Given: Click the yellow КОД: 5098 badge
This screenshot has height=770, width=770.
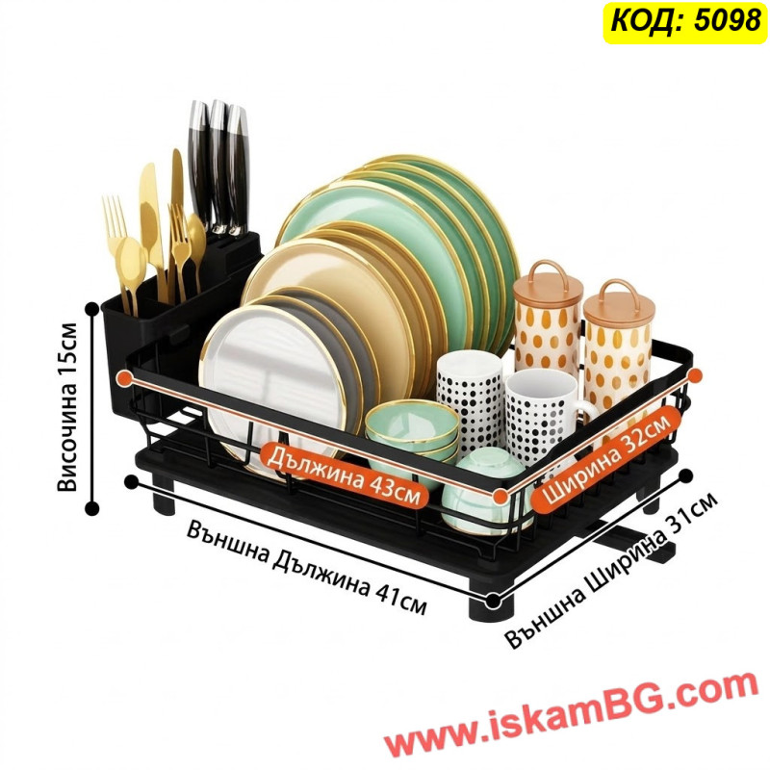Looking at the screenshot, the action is point(685,21).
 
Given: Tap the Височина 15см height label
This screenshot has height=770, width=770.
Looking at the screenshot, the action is point(67,406).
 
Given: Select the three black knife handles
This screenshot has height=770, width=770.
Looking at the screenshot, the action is point(218,167).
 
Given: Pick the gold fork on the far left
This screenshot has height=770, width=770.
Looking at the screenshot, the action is point(116,250).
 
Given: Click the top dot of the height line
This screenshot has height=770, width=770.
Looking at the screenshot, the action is point(91,309).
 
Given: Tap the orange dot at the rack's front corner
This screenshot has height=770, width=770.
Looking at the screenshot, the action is point(500,497).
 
